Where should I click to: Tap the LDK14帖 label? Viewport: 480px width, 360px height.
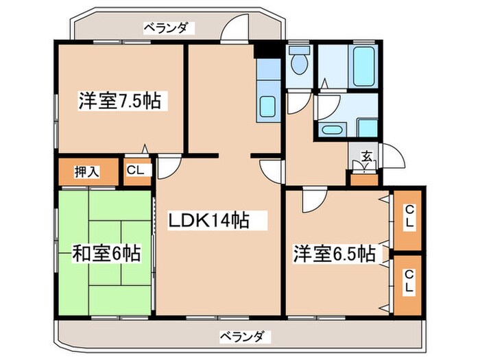point(208,221)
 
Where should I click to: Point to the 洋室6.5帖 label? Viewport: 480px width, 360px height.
point(334,254)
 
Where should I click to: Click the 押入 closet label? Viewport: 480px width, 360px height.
point(87,171)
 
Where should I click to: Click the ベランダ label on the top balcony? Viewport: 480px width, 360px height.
point(169,28)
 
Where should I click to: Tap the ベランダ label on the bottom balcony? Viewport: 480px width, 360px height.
point(245,337)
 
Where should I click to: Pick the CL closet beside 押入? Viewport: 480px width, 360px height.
point(135,171)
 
